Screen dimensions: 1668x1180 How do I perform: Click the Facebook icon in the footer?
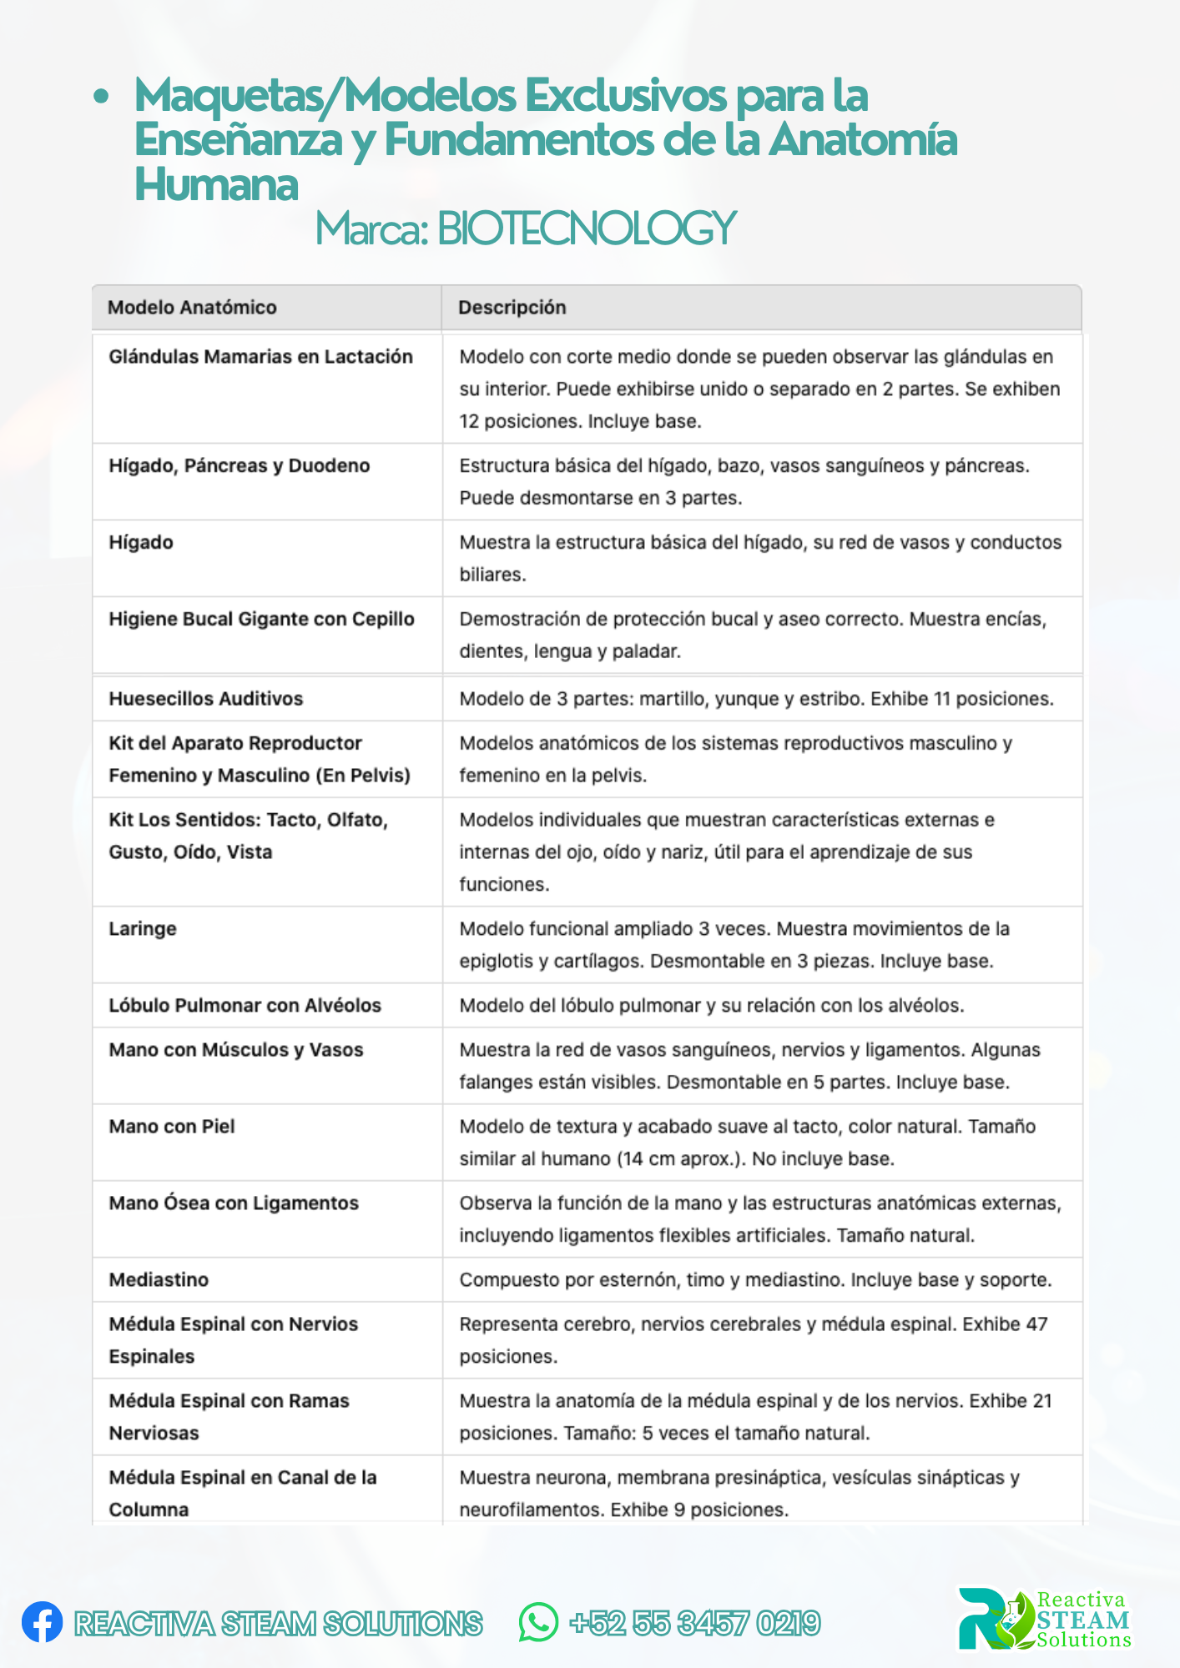click(x=42, y=1622)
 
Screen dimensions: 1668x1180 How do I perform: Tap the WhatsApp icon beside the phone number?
click(x=538, y=1622)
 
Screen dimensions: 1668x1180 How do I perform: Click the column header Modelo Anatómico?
click(x=192, y=308)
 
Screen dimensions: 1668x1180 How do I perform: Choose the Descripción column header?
click(x=512, y=308)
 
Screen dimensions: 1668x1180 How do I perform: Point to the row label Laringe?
click(x=143, y=929)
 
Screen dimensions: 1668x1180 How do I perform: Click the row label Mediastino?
click(x=159, y=1280)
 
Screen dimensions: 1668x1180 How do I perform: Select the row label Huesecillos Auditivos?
click(x=206, y=699)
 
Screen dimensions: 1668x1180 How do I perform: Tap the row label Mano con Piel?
click(x=172, y=1127)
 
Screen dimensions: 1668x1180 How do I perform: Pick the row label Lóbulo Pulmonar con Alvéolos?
click(x=245, y=1006)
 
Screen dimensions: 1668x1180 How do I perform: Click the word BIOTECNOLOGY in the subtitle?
click(x=587, y=229)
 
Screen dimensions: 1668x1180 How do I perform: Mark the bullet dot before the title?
click(x=101, y=97)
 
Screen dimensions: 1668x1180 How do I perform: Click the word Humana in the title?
click(x=216, y=184)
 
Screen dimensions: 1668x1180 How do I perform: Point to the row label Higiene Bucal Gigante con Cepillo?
click(x=261, y=620)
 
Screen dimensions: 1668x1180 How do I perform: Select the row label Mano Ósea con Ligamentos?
click(x=234, y=1203)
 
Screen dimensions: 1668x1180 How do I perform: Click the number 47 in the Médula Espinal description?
click(x=1036, y=1324)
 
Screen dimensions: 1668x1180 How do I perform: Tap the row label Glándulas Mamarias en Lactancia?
click(x=260, y=357)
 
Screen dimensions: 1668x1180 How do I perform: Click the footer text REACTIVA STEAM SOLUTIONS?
click(x=278, y=1624)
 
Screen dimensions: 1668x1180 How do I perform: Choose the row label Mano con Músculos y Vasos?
click(x=236, y=1050)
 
